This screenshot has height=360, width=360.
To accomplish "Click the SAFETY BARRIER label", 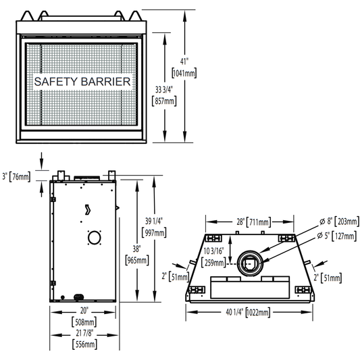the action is click(82, 82).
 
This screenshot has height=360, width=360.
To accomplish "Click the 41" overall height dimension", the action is click(184, 61).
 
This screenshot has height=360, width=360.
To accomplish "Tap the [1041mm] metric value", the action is click(184, 73).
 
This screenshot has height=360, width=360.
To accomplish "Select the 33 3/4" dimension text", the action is click(164, 90).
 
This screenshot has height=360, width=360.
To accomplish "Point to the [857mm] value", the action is click(164, 101).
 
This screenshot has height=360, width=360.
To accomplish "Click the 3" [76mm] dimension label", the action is click(16, 177).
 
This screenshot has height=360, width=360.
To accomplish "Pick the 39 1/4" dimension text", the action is click(154, 221).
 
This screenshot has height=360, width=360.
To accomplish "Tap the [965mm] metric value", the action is click(137, 260).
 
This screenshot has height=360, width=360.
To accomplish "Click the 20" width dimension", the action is click(84, 311).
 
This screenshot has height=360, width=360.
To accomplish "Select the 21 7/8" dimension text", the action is click(84, 333).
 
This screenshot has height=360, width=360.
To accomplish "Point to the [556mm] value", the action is click(84, 344).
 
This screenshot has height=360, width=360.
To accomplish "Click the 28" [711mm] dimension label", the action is click(254, 222).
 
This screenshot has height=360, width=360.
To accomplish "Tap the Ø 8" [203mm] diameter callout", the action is click(339, 222).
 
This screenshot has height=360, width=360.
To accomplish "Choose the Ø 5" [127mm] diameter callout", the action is click(337, 236).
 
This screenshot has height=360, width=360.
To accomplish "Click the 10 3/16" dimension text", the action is click(213, 251).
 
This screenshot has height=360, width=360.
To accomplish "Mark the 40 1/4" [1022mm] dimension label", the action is click(248, 312).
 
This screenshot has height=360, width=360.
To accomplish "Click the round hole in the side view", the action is click(95, 238).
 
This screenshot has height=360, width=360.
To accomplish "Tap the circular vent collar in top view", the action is click(250, 263).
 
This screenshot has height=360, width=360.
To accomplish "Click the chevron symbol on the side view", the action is click(88, 209).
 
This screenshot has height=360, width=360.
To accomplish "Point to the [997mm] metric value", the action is click(154, 232).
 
